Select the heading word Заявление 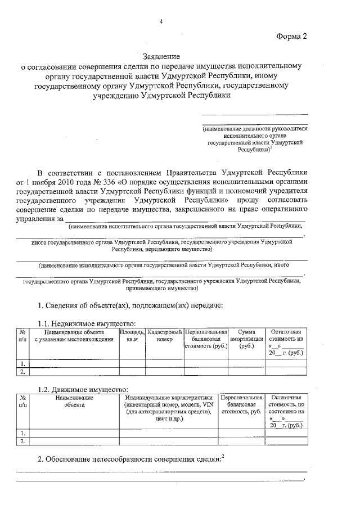tap(161, 57)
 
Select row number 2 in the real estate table tap(22, 371)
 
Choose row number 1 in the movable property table tap(22, 433)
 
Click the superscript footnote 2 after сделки tap(222, 456)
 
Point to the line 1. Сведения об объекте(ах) tap(130, 305)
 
